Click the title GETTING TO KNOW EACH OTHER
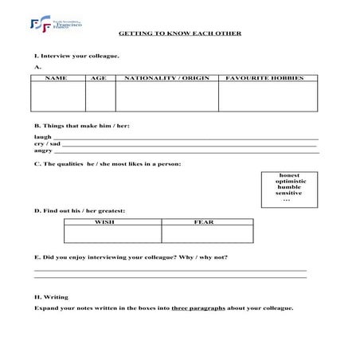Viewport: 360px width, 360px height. click(x=179, y=34)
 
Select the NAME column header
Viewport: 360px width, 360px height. click(x=57, y=79)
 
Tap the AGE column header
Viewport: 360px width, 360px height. click(x=100, y=79)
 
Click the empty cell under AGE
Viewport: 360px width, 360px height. click(x=100, y=96)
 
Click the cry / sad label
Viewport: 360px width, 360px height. click(x=47, y=144)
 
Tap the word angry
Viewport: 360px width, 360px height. click(x=43, y=151)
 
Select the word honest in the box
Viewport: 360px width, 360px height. click(x=289, y=175)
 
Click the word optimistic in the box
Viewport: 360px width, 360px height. click(x=289, y=181)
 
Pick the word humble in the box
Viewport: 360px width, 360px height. click(x=289, y=187)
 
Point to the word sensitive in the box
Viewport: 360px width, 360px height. click(x=289, y=193)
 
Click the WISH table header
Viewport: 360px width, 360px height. click(x=112, y=221)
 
